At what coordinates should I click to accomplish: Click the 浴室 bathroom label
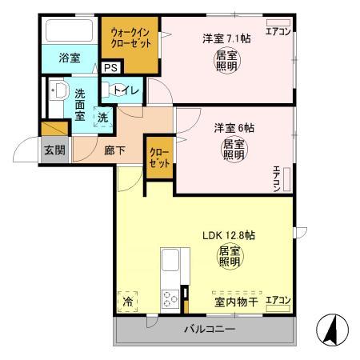point(69,57)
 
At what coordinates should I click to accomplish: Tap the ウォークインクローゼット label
point(129,40)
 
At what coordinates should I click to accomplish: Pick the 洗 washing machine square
point(102,118)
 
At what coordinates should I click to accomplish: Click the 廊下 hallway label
point(114,150)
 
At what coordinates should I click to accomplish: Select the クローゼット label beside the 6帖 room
point(158,157)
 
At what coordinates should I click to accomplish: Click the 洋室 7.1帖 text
point(221,38)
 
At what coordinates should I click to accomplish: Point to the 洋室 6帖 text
point(230,126)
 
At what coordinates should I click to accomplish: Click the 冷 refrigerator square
point(129,302)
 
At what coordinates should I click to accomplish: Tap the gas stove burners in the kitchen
point(171,300)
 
